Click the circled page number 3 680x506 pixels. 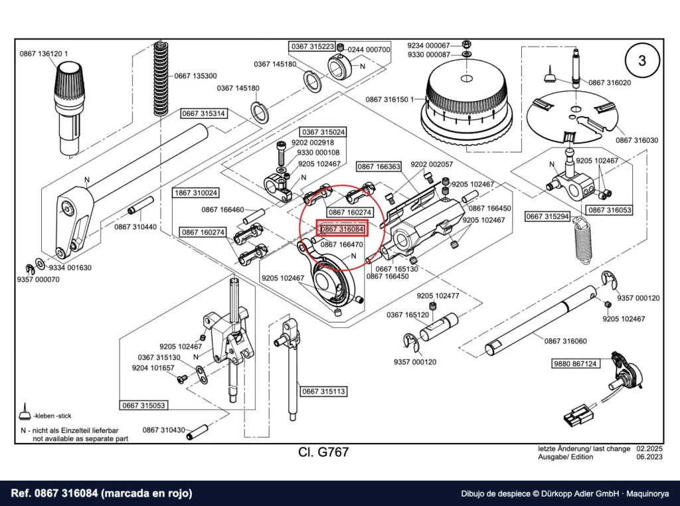pyautogui.click(x=642, y=60)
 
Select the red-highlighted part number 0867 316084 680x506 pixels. pyautogui.click(x=343, y=229)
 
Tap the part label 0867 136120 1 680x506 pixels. pyautogui.click(x=44, y=54)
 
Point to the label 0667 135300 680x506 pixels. pyautogui.click(x=196, y=76)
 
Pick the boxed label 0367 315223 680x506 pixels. pyautogui.click(x=313, y=46)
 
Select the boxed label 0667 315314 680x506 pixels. pyautogui.click(x=203, y=114)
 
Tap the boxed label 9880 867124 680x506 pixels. pyautogui.click(x=576, y=364)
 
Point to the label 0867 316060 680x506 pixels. pyautogui.click(x=566, y=341)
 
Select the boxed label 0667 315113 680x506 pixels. pyautogui.click(x=323, y=392)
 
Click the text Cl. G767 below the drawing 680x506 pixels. pyautogui.click(x=323, y=452)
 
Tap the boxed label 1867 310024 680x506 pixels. pyautogui.click(x=196, y=193)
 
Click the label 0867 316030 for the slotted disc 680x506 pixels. pyautogui.click(x=637, y=141)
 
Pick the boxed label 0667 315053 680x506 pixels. pyautogui.click(x=143, y=406)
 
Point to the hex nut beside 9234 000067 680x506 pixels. pyautogui.click(x=467, y=44)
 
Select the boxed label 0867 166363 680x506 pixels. pyautogui.click(x=379, y=167)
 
